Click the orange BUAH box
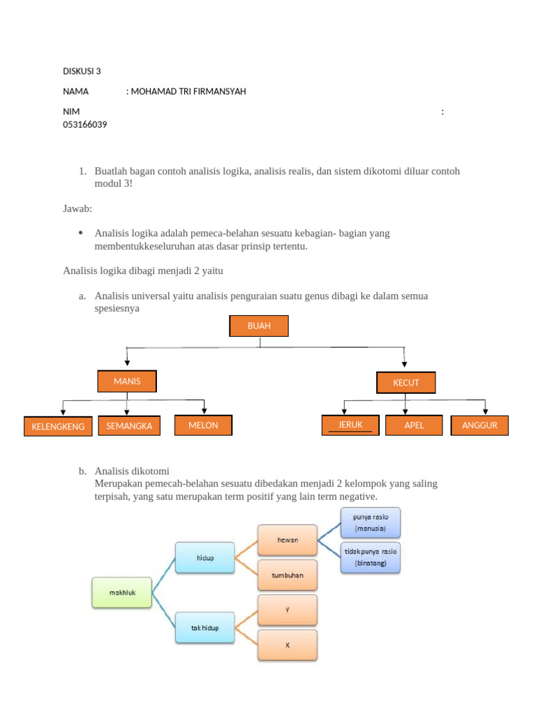tap(259, 326)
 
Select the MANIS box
tap(127, 381)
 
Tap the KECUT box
tap(406, 383)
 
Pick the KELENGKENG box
tap(58, 426)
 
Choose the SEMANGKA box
tap(130, 425)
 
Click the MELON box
tap(203, 425)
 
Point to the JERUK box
tap(350, 425)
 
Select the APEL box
tap(414, 425)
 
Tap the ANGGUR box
tap(479, 425)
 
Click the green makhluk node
tap(121, 592)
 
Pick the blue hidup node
tap(204, 558)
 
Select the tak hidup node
tap(204, 628)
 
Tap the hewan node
tap(288, 540)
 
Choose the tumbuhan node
tap(288, 575)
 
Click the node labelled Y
tap(288, 609)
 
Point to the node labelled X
tap(288, 645)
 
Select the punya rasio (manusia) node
tap(370, 523)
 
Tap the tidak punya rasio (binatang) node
tap(370, 557)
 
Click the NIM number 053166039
tap(85, 125)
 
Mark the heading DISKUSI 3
tap(82, 71)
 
